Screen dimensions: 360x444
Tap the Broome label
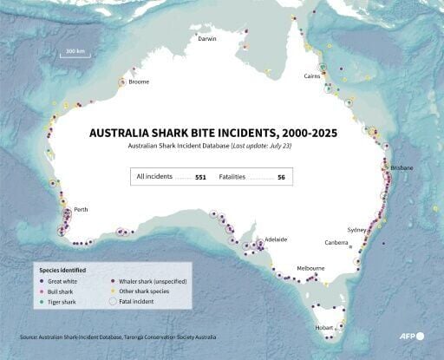(139, 82)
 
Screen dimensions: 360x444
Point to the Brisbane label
(402, 167)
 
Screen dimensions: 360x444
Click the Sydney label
(356, 230)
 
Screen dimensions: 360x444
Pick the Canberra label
(336, 243)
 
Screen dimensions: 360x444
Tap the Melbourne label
(310, 269)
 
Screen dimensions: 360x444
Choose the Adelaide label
(276, 239)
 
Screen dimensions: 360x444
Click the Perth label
(81, 210)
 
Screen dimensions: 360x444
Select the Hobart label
(323, 327)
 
